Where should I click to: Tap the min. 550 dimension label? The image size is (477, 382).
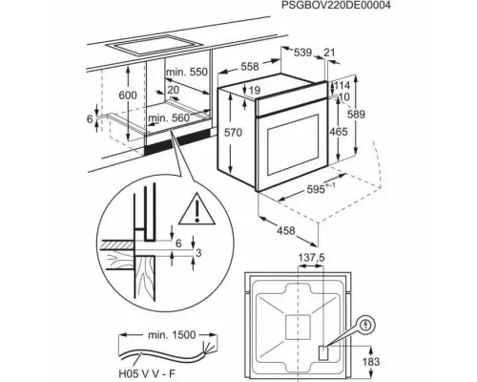(187, 73)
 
